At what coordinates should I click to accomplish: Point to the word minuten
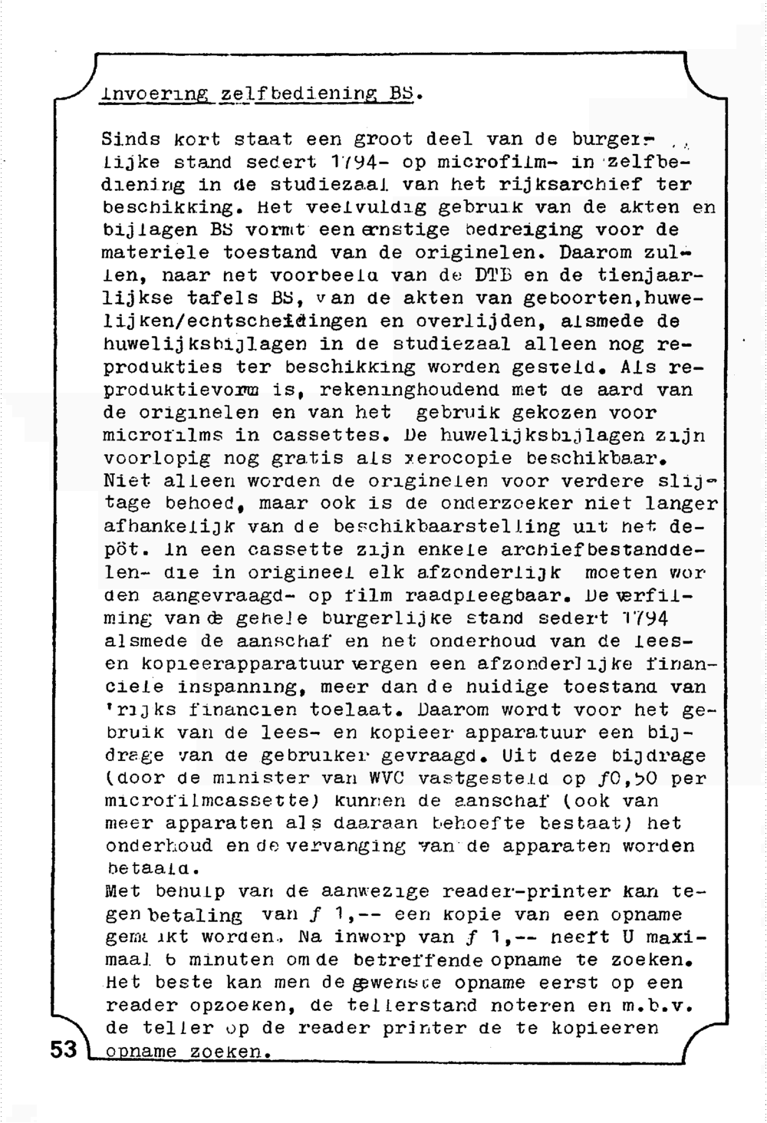click(222, 960)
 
